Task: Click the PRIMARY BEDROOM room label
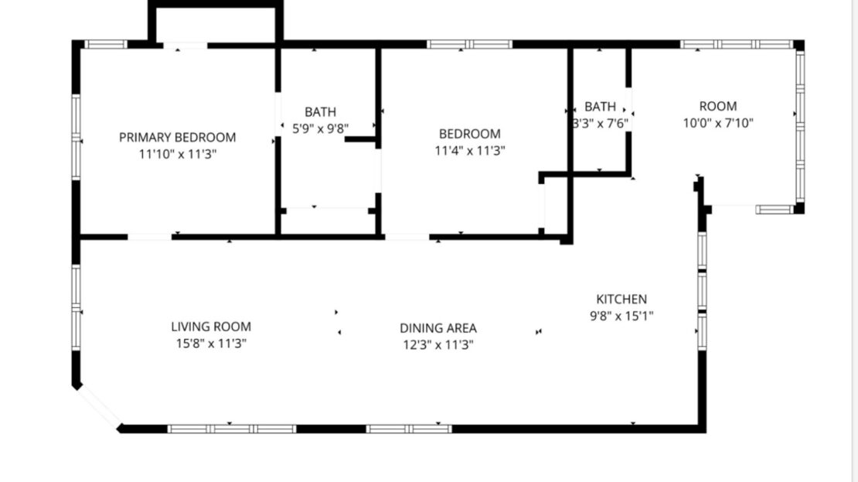[x=177, y=138]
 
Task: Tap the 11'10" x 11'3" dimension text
[x=177, y=154]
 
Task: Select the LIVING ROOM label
[x=211, y=327]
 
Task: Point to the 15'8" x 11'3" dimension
[x=211, y=343]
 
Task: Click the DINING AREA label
[x=438, y=329]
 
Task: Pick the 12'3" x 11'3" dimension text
[x=438, y=345]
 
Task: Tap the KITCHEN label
[x=621, y=299]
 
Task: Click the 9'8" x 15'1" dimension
[x=621, y=316]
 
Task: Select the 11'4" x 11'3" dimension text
[x=469, y=151]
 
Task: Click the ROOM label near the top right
[x=718, y=106]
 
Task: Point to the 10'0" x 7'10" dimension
[x=718, y=122]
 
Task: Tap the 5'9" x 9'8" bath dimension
[x=320, y=129]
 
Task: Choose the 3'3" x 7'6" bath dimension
[x=601, y=122]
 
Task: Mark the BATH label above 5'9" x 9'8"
[x=320, y=112]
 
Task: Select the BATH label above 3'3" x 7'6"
[x=601, y=106]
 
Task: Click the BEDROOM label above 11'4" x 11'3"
[x=469, y=134]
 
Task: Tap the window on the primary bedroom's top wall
[x=105, y=44]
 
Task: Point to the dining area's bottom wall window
[x=409, y=428]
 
